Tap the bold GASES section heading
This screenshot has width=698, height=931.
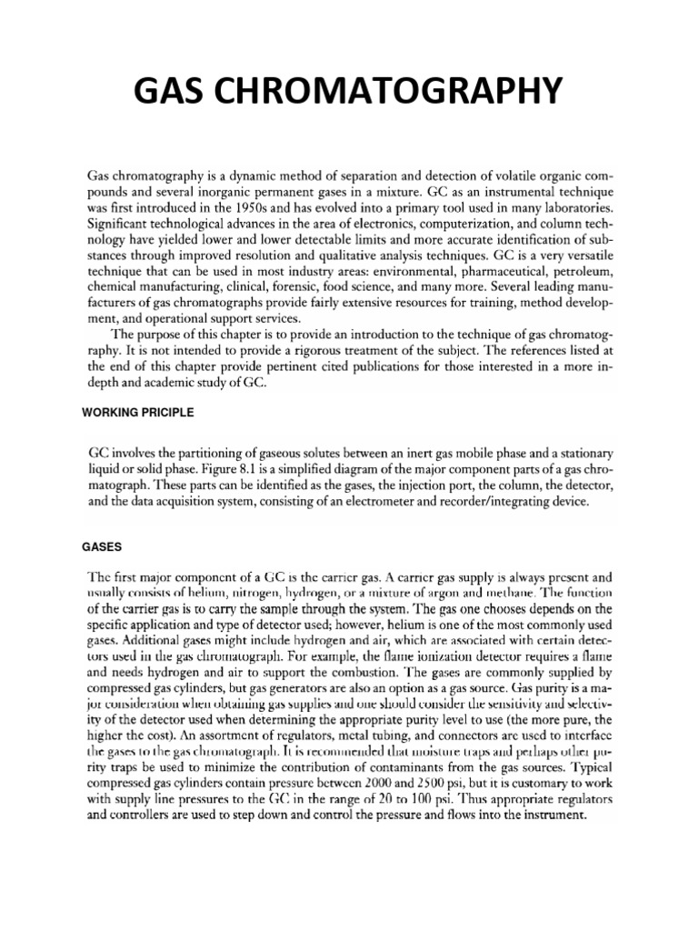98,548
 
